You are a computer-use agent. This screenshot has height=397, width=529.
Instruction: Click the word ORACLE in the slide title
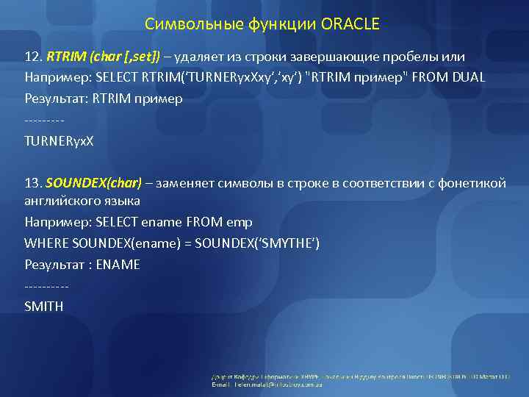pyautogui.click(x=350, y=24)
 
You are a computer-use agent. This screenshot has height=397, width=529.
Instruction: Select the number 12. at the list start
pyautogui.click(x=33, y=57)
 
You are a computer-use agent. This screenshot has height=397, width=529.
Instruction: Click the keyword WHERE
pyautogui.click(x=46, y=243)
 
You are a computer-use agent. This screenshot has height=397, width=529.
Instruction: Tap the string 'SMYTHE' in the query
pyautogui.click(x=292, y=243)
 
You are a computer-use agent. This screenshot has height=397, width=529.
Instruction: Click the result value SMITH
pyautogui.click(x=43, y=305)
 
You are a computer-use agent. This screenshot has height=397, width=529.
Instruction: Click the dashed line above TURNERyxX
pyautogui.click(x=44, y=119)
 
